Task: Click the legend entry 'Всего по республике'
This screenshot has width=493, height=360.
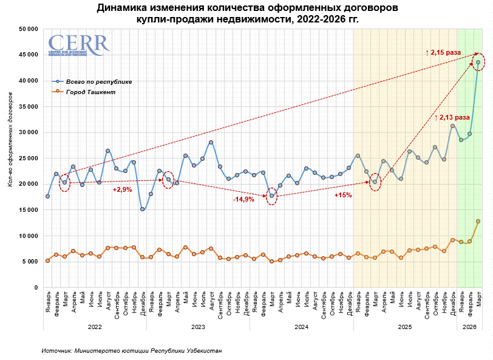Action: pos(98,81)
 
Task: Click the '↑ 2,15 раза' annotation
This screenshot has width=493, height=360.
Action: pos(443,53)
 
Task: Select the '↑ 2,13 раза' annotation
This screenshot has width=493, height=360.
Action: pos(452,117)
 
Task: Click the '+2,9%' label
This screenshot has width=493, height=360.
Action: pos(122,190)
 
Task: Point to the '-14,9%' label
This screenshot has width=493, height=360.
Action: pos(245,199)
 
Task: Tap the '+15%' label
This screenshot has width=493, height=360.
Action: pos(343,195)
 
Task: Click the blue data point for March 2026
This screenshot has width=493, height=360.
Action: pos(478,62)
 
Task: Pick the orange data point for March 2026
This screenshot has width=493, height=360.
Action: pos(478,221)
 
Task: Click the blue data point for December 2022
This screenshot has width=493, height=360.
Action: pos(142,209)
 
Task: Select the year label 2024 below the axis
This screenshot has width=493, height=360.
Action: pos(301,327)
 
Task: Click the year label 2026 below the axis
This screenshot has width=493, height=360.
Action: pos(469,327)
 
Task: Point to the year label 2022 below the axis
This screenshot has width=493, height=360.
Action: pos(95,327)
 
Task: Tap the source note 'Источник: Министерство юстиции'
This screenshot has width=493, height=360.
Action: pos(132,351)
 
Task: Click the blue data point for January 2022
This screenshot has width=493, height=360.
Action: pos(47,196)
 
